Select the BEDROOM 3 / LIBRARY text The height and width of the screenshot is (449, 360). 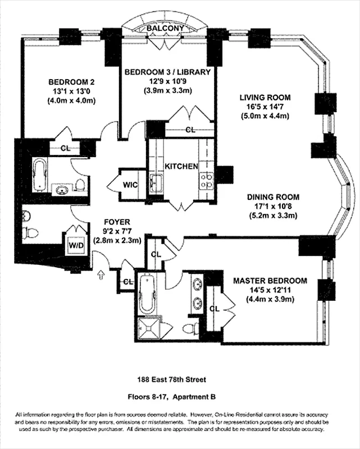tap(167, 72)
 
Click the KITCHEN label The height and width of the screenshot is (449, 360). tap(181, 167)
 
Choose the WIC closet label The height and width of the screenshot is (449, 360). tap(130, 184)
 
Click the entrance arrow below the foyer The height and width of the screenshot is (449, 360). tap(101, 274)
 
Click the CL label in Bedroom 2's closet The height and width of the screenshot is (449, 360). tap(65, 149)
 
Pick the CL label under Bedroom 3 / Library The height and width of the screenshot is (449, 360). tap(190, 130)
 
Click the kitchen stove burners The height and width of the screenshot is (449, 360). tap(207, 180)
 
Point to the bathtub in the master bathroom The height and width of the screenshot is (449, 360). tap(148, 294)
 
